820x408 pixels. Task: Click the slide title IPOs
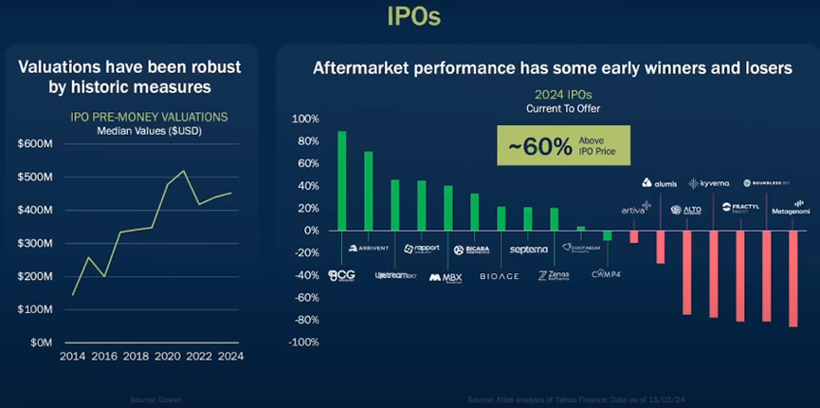click(414, 16)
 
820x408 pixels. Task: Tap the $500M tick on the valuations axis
click(34, 176)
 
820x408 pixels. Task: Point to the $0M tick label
click(38, 343)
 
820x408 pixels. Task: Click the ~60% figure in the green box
click(539, 146)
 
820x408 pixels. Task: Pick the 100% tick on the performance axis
click(305, 120)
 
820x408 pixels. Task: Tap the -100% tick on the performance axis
click(303, 343)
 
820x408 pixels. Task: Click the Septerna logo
click(528, 250)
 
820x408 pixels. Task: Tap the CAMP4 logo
click(606, 274)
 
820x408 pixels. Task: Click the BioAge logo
click(499, 276)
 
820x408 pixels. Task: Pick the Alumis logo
click(660, 183)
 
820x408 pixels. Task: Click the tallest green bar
click(341, 180)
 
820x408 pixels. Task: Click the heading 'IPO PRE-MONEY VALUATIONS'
click(149, 118)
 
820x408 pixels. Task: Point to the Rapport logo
click(422, 249)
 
